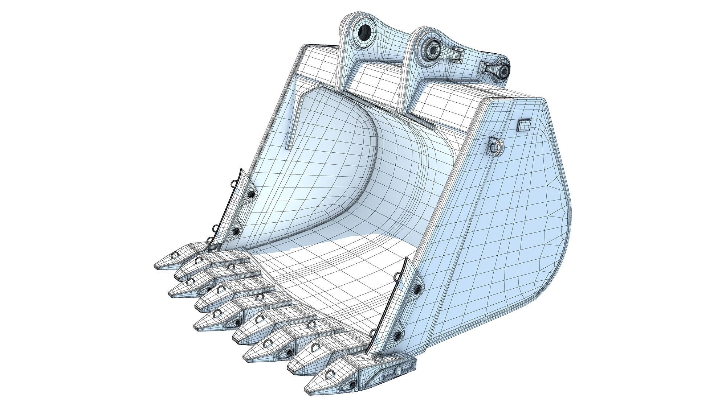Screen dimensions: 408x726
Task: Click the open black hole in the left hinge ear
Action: (364, 33)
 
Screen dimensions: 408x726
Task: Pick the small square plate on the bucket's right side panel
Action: (523, 125)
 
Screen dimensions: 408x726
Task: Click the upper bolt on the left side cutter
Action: (250, 195)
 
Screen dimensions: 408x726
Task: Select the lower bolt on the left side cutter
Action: (236, 231)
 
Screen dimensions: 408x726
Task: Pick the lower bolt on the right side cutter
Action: (398, 335)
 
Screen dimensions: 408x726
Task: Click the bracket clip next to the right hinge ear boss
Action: (457, 55)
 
